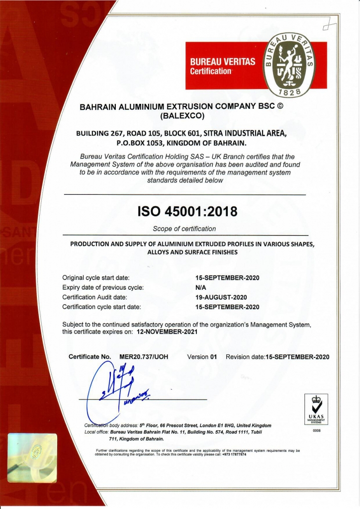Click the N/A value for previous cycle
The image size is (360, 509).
click(201, 287)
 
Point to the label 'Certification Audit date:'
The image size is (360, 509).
click(95, 297)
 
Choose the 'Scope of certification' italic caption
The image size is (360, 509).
click(184, 229)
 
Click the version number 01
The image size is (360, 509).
click(214, 357)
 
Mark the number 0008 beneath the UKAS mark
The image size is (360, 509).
click(316, 430)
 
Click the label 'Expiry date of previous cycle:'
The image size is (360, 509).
click(103, 287)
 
